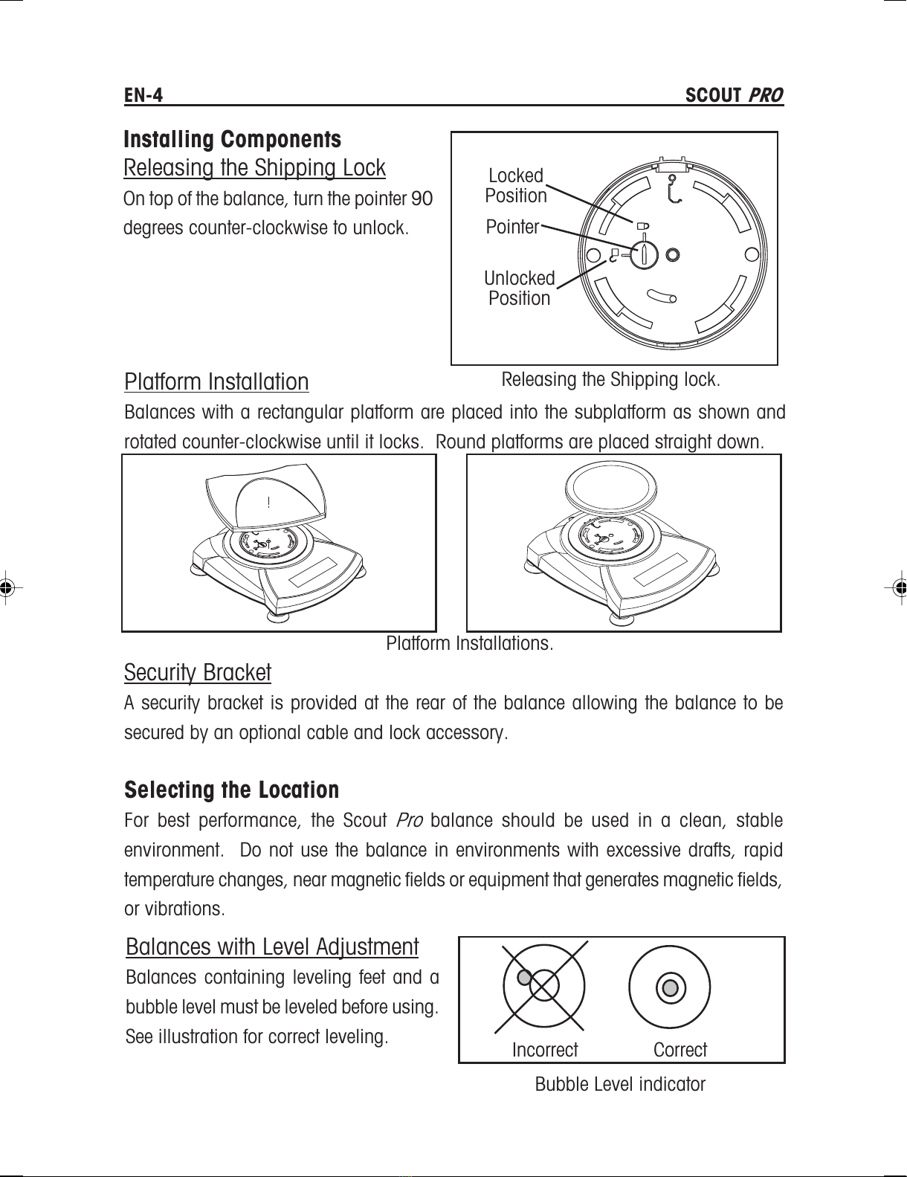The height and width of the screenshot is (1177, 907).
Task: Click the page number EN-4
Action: coord(143,95)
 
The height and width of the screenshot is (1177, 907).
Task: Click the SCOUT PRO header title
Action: coord(734,95)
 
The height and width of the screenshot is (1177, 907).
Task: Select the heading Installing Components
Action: coord(233,139)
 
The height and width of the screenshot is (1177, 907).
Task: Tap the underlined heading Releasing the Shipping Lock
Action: coord(254,168)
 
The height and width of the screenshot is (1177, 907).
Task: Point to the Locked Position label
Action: coord(516,186)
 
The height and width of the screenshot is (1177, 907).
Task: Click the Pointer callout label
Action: coord(512,227)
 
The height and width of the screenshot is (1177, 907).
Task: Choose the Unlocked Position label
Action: coord(519,288)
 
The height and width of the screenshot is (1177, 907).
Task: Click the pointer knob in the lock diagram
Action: coord(645,254)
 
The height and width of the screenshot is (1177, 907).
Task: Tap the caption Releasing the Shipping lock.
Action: coord(611,379)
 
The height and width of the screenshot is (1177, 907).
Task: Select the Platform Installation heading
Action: coord(216,381)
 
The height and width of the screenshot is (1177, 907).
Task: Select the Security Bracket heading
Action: coord(198,672)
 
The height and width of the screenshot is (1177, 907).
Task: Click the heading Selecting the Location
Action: coord(231,790)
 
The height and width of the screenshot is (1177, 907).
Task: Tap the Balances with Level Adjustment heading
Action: coord(272,947)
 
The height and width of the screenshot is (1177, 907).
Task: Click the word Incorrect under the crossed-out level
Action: coord(545,1050)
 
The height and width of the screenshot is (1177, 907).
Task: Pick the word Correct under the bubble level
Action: coord(680,1050)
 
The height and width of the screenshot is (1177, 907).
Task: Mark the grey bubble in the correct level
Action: coord(670,987)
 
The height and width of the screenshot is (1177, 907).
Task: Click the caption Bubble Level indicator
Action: coord(620,1084)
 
